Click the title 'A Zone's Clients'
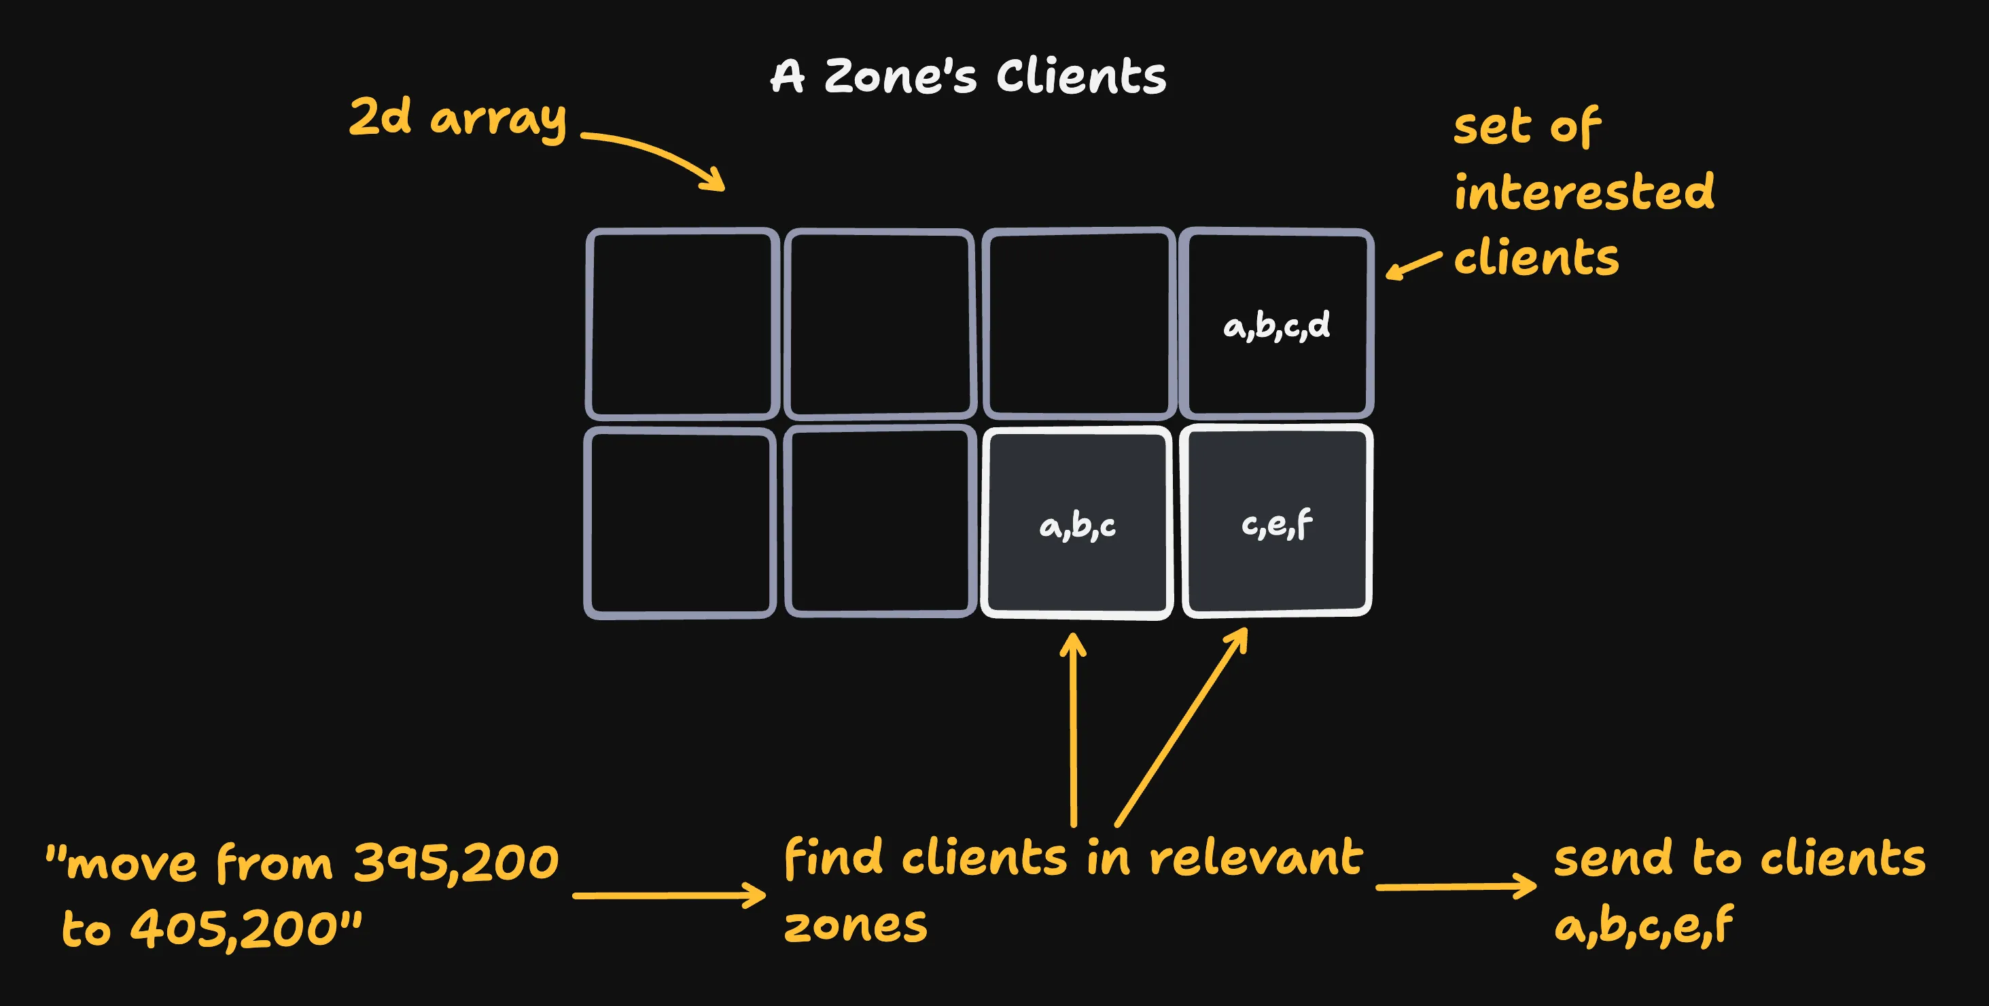968,77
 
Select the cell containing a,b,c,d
1276,324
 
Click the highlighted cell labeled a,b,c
1077,524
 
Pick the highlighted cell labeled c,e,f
1276,522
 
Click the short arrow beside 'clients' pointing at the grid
1413,264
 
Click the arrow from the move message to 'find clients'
669,895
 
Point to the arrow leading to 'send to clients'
1456,886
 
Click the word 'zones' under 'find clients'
856,925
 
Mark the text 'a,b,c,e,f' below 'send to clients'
1643,926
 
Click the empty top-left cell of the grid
682,323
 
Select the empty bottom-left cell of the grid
680,522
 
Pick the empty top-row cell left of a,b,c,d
1078,323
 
